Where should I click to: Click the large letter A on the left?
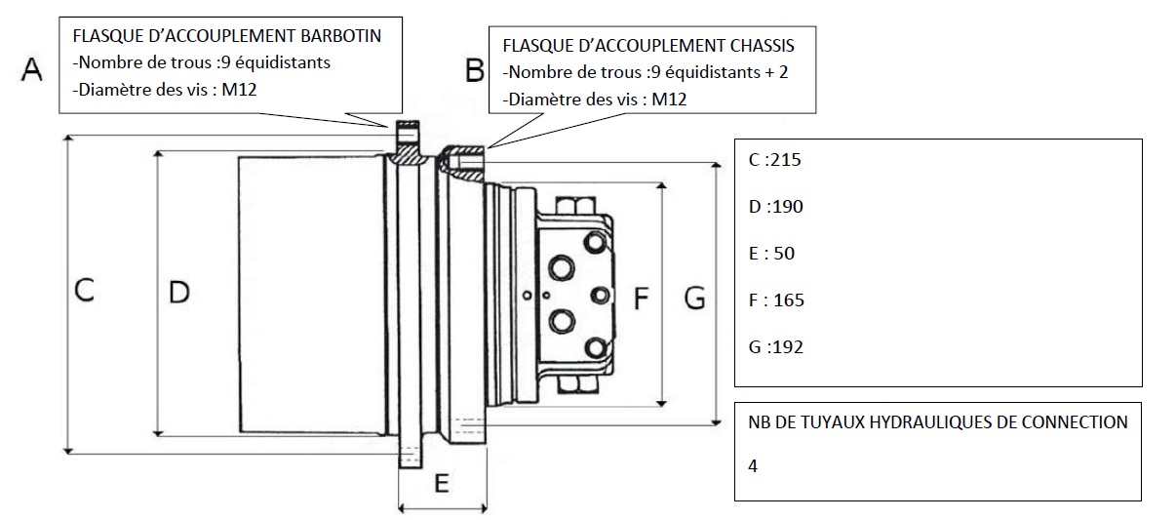click(x=33, y=70)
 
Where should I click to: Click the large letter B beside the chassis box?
click(x=475, y=71)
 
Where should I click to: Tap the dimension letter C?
click(x=85, y=290)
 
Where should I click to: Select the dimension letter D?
click(x=178, y=291)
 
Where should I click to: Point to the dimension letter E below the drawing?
click(x=441, y=483)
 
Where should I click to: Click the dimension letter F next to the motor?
click(x=641, y=299)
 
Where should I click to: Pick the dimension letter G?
click(x=694, y=298)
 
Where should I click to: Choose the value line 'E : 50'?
click(x=771, y=254)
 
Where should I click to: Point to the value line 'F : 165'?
click(x=776, y=300)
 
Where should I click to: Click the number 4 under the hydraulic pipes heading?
click(x=753, y=465)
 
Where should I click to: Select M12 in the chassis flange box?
click(x=669, y=100)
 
